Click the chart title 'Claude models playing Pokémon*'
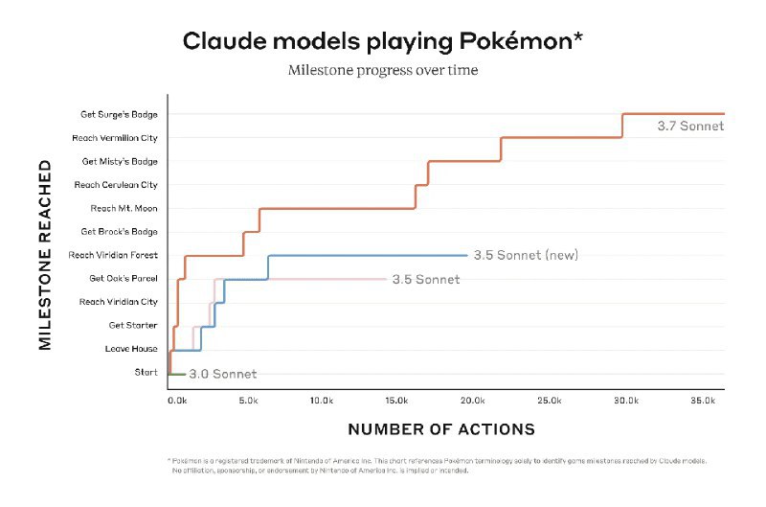coord(383,41)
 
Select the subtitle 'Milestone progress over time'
coord(383,71)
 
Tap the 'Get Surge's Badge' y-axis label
coord(119,115)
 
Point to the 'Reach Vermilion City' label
coord(115,138)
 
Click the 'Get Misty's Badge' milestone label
coord(120,162)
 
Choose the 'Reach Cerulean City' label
coord(116,185)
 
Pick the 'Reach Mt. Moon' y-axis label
coord(124,209)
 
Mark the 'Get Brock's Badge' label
coord(120,232)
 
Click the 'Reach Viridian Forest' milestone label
coord(113,255)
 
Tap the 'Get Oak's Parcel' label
coord(124,279)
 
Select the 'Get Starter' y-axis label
coord(133,326)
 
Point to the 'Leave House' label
coord(131,349)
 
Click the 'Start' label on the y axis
coord(146,373)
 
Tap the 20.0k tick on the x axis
coord(472,400)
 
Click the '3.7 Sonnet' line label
coord(687,126)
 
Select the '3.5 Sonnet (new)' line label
coord(526,255)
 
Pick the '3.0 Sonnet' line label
coord(222,374)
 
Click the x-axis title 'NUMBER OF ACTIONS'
coord(441,429)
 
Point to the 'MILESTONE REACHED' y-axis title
coord(45,255)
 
